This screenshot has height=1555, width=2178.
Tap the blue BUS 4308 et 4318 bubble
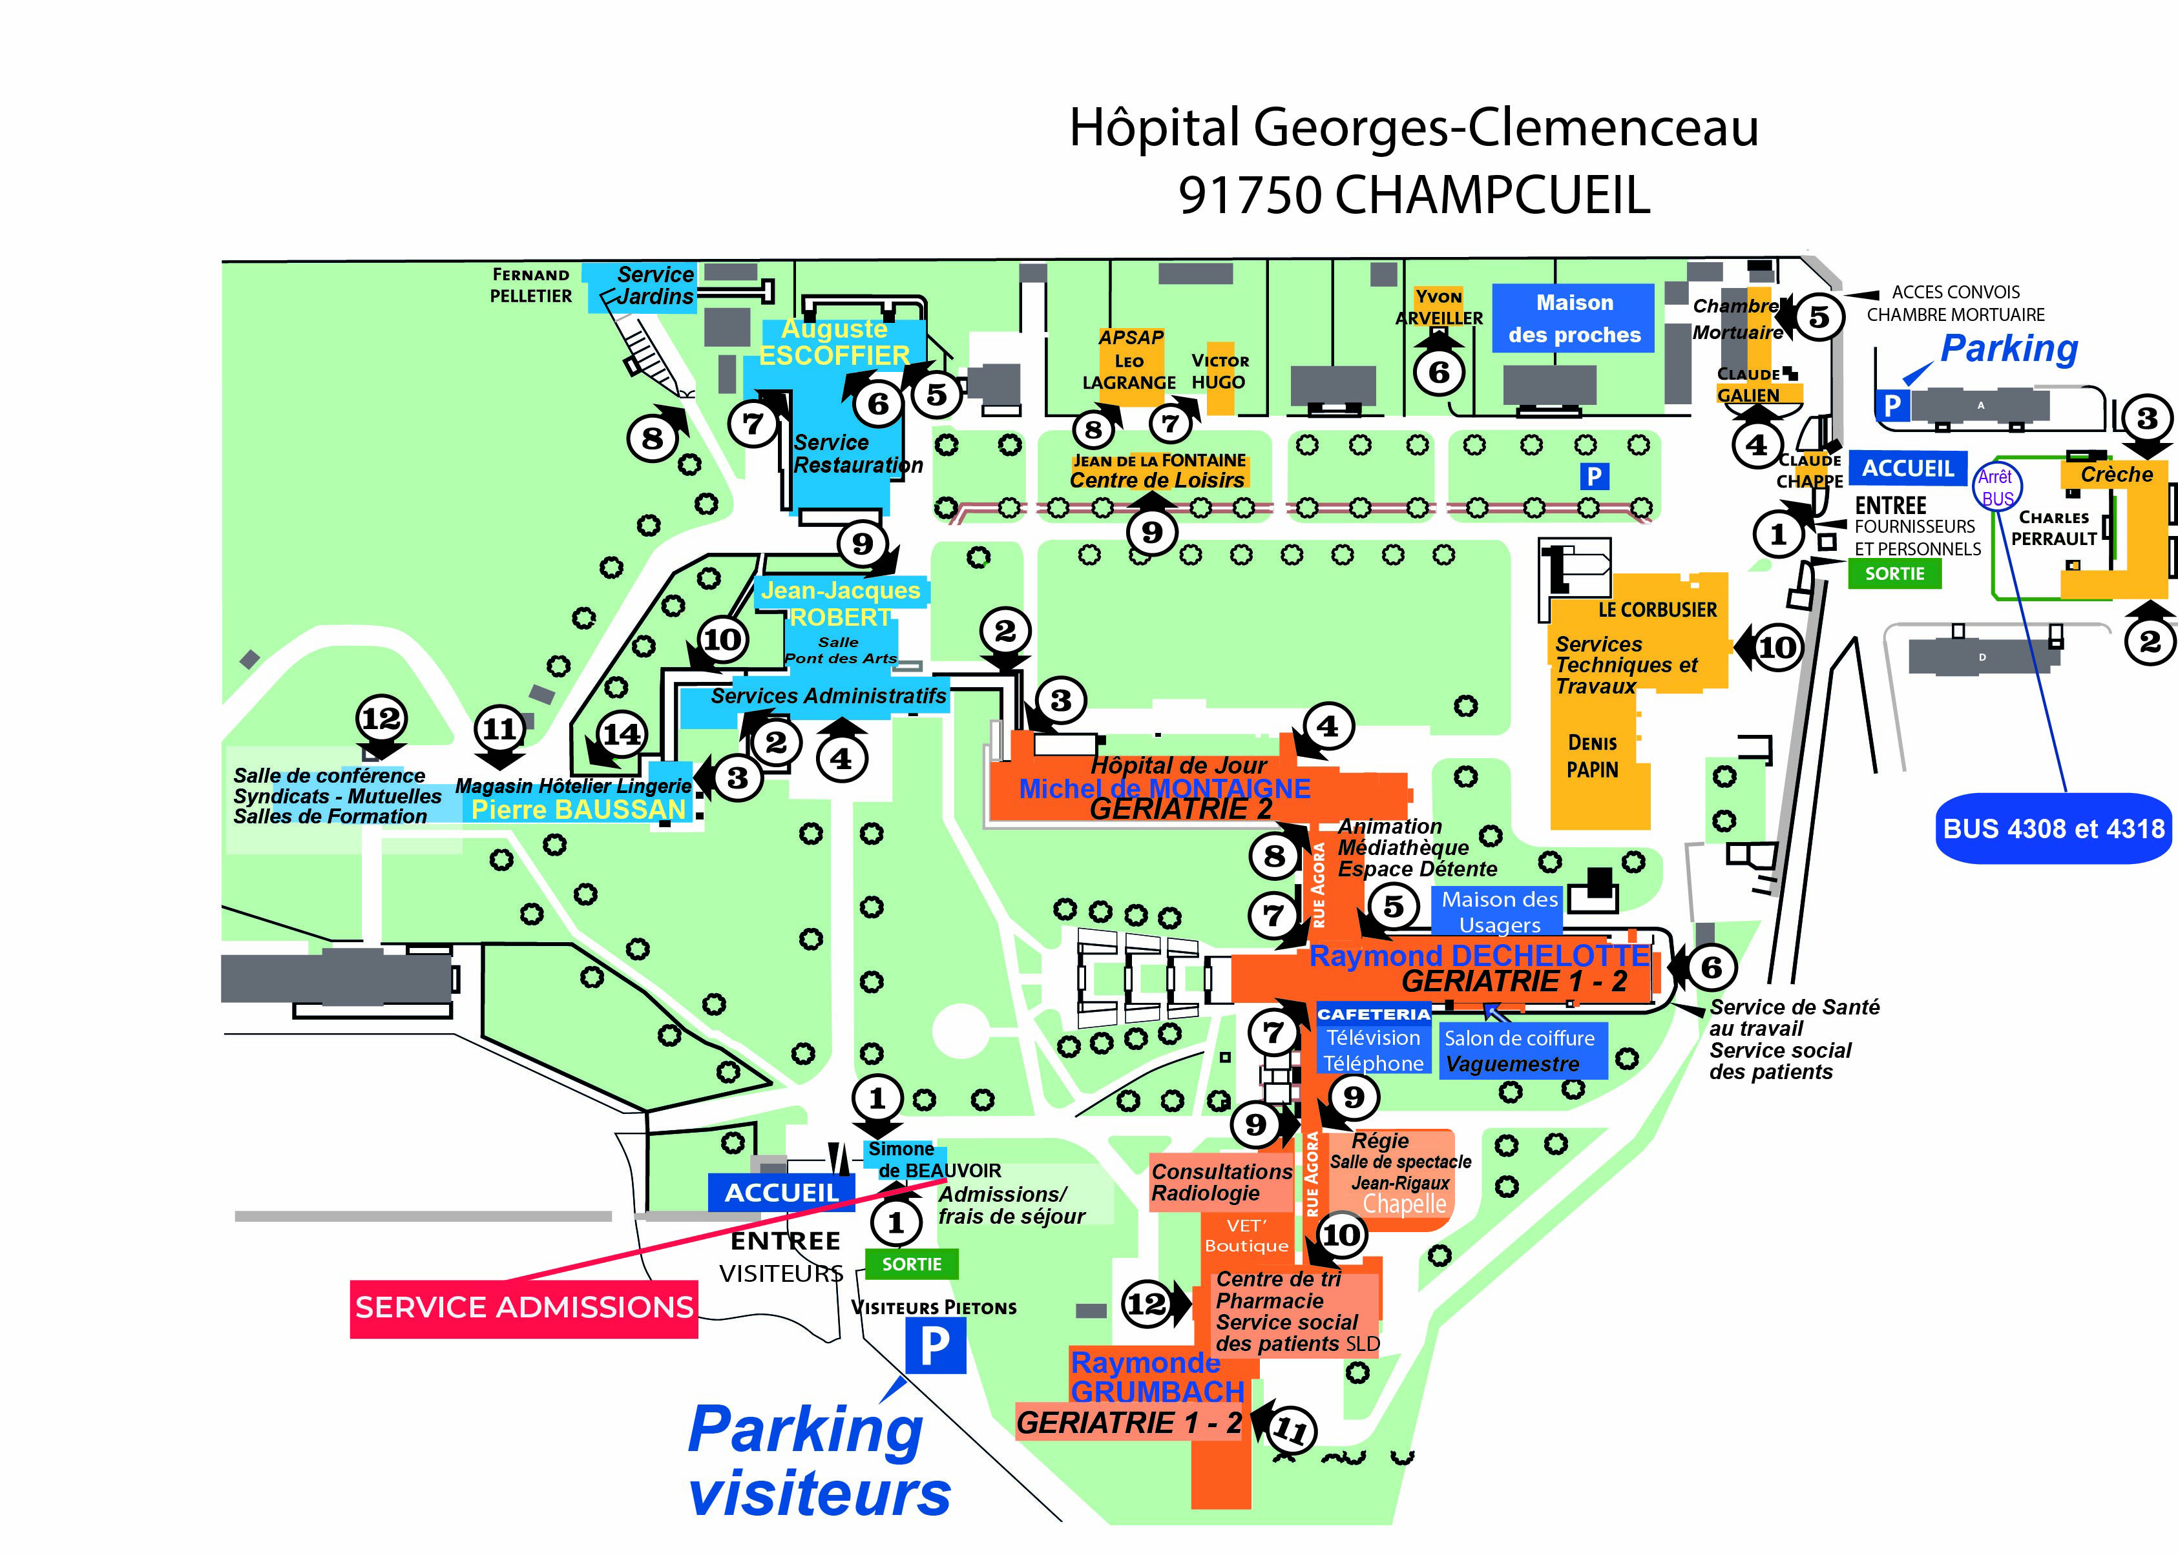pos(2053,829)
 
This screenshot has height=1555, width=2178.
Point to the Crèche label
pos(2116,475)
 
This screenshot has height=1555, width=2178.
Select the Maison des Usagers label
pos(1499,912)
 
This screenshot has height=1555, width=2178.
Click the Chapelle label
pos(1404,1204)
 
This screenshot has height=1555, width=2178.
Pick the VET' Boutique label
pos(1246,1235)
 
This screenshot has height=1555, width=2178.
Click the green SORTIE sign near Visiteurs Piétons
pos(911,1264)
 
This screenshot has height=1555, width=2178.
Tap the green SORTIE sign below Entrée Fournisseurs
pos(1894,573)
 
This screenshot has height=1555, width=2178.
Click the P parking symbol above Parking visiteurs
pos(935,1346)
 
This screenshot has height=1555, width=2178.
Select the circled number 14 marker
pos(621,734)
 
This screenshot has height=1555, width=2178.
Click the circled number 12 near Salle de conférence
pos(381,718)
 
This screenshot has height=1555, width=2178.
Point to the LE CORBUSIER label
pos(1657,610)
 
